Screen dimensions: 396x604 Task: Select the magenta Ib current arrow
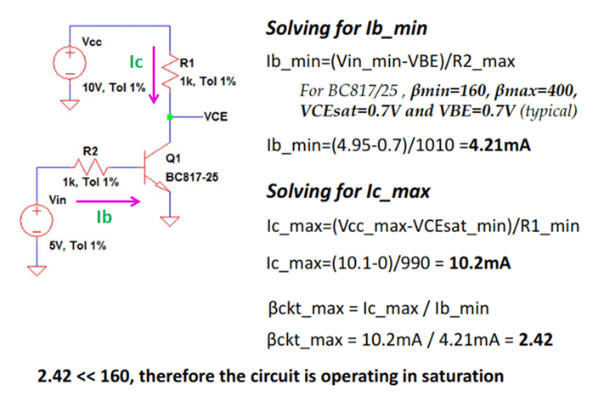106,202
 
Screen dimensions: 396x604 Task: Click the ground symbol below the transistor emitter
172,223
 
